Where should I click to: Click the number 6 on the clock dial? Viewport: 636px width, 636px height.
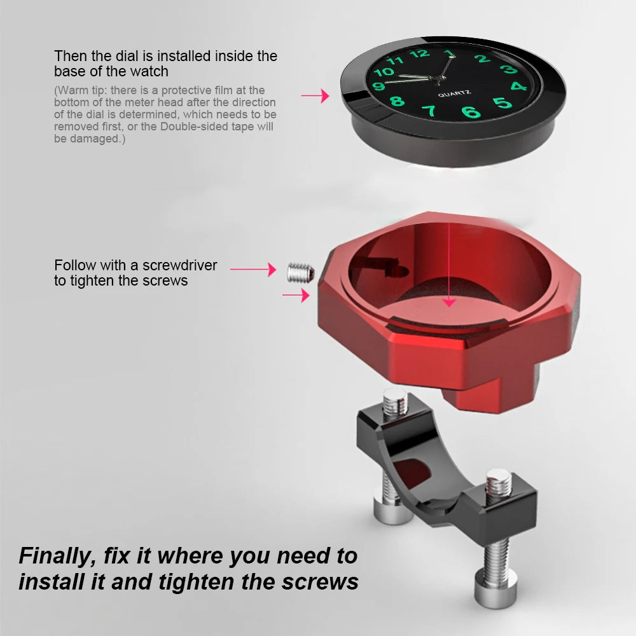coord(471,113)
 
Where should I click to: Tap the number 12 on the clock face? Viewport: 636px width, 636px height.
coord(420,53)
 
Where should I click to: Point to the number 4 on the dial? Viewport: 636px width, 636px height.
coord(518,86)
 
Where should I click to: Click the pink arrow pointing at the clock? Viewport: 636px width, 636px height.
coord(315,96)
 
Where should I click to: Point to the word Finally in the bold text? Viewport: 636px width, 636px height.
coord(53,556)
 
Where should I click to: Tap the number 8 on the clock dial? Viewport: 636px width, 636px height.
coord(397,101)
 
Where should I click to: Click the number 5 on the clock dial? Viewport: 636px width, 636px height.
coord(502,102)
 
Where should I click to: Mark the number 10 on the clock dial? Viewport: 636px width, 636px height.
coord(384,72)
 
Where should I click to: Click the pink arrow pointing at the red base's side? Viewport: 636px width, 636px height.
coord(296,295)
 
